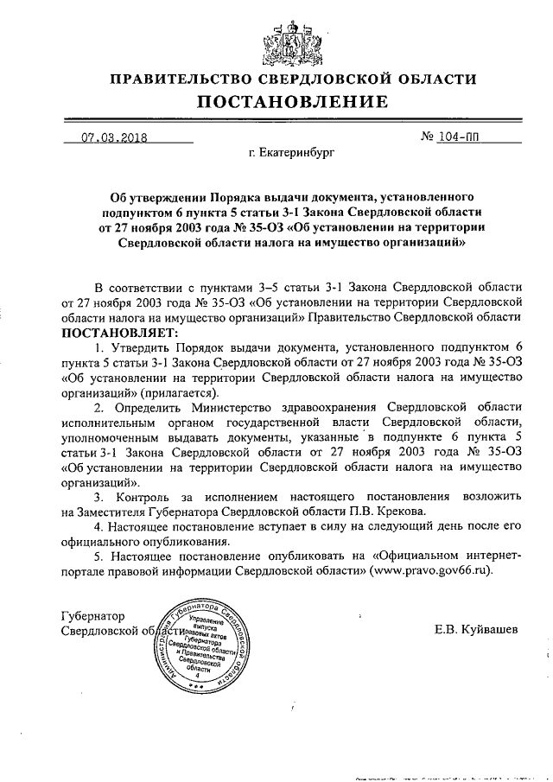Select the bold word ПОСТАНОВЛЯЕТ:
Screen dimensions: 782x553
[x=118, y=332]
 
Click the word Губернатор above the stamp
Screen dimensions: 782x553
[x=94, y=616]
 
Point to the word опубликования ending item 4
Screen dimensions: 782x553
[x=177, y=544]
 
